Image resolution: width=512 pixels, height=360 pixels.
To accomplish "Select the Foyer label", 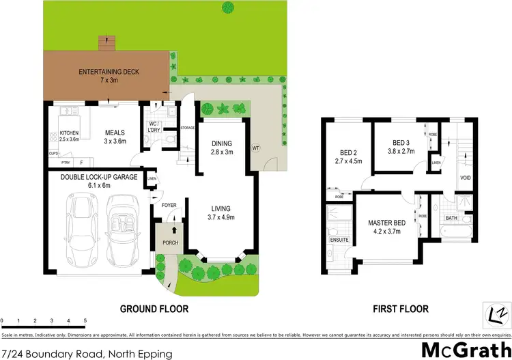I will tap(169, 204).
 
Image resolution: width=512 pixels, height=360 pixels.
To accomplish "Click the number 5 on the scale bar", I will tap(85, 320).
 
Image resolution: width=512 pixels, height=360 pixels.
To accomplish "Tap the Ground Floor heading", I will tap(154, 309).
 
